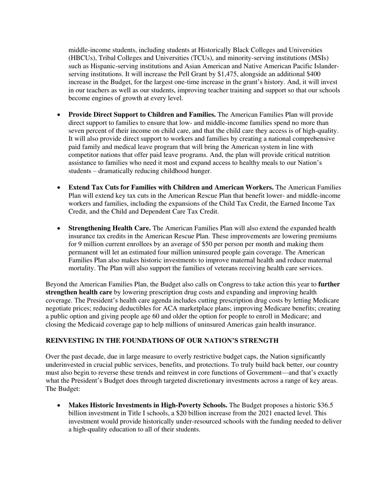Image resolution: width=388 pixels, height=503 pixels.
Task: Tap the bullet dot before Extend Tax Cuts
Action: tap(60, 188)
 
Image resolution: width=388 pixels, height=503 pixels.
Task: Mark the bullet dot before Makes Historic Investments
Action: tap(60, 405)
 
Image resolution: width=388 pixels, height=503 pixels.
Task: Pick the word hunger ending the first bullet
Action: tap(200, 171)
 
